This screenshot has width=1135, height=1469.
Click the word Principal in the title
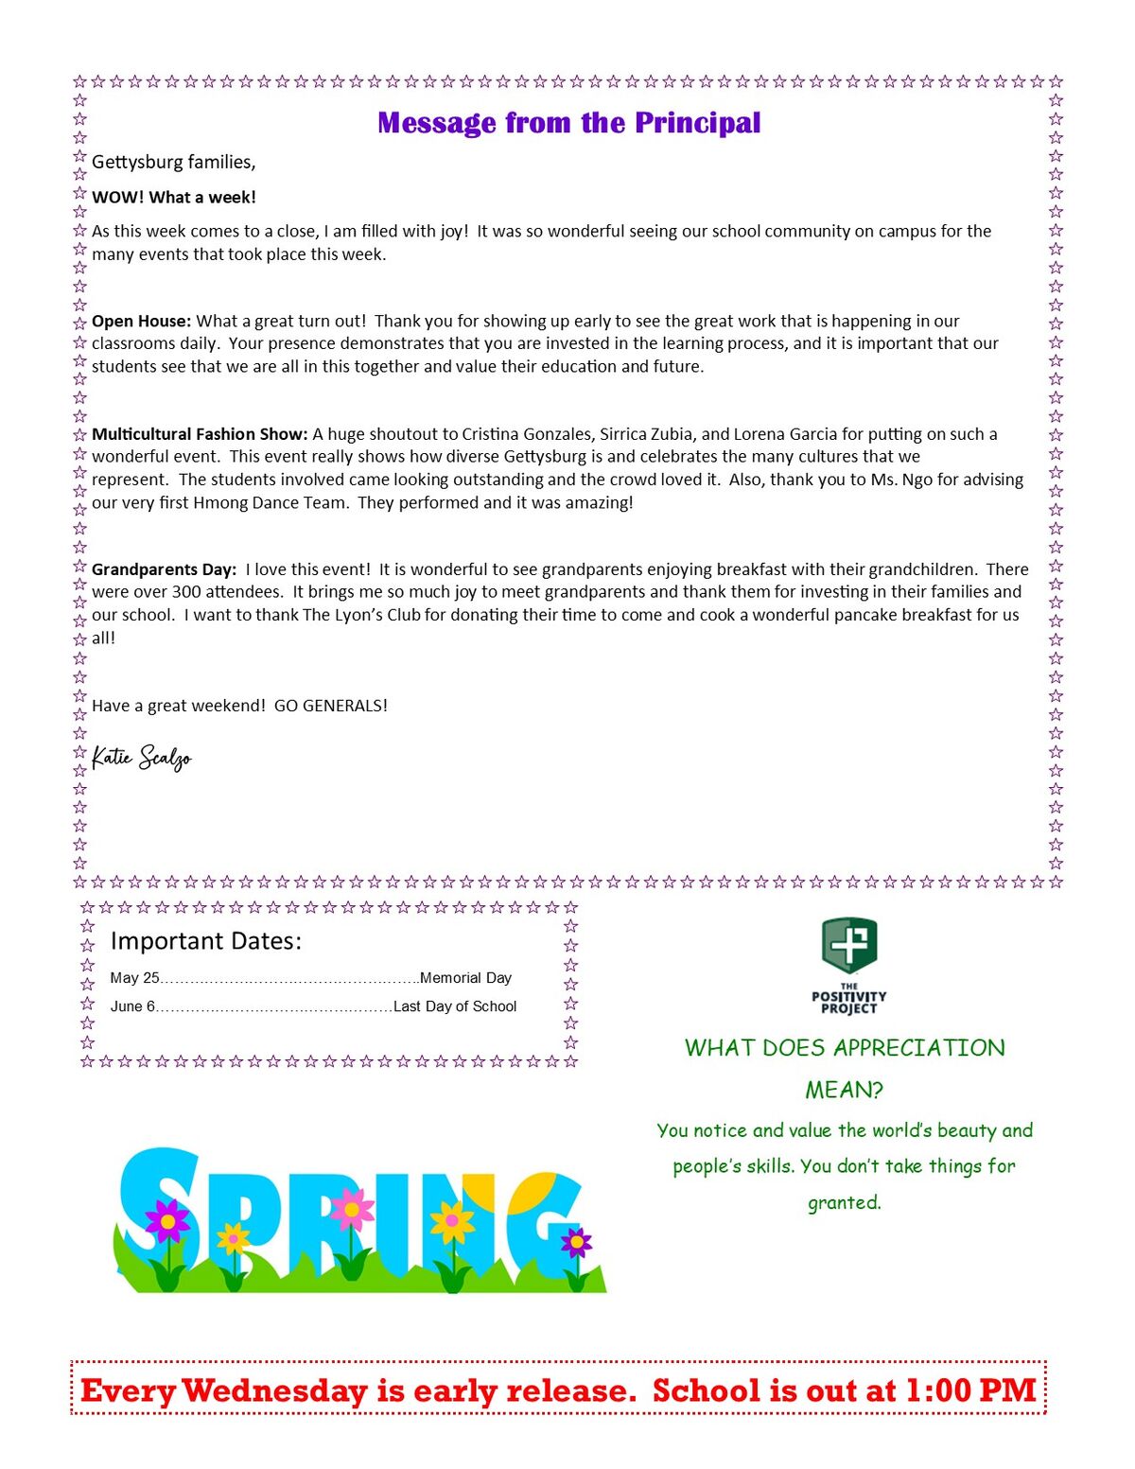(x=697, y=123)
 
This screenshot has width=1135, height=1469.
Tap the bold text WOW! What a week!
(x=174, y=197)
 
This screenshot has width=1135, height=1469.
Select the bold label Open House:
(x=141, y=321)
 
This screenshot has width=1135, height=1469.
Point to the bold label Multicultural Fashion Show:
(x=200, y=434)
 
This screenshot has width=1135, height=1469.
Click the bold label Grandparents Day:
(x=164, y=569)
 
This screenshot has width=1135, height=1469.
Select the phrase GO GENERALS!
(x=331, y=706)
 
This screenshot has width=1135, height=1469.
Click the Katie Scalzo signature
(x=142, y=758)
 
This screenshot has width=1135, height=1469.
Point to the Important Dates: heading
(x=206, y=941)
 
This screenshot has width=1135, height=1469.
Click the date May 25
(x=134, y=978)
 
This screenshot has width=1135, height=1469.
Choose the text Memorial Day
(x=465, y=978)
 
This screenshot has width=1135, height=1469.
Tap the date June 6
(x=132, y=1006)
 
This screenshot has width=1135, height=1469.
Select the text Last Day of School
(x=455, y=1006)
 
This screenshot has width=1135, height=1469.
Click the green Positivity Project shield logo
(x=849, y=944)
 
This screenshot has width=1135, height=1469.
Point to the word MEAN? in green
(x=844, y=1090)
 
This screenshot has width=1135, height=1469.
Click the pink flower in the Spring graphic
(x=352, y=1208)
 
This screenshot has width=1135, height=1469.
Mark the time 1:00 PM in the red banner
(x=970, y=1390)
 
